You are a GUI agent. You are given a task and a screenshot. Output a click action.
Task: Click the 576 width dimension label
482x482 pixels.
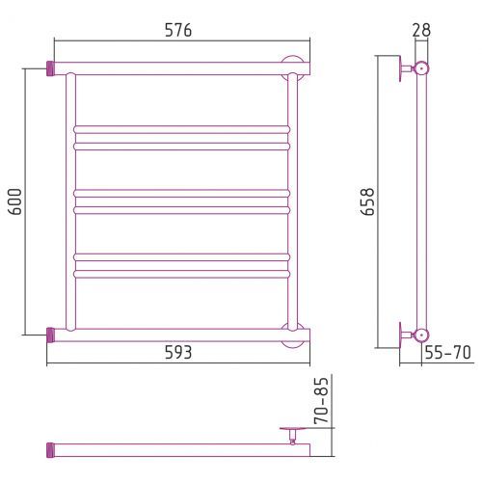178,30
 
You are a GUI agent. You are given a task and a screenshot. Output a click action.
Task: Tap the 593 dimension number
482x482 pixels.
178,353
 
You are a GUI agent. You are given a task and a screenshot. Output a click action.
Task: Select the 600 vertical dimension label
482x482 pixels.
15,201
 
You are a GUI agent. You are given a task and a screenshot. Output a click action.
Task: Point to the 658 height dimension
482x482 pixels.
367,201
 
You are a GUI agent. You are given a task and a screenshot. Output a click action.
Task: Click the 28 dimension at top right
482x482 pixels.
421,30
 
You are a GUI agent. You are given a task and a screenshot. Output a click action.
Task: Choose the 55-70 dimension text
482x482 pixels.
447,353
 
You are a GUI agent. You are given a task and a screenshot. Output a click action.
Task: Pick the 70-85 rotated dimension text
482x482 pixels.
322,400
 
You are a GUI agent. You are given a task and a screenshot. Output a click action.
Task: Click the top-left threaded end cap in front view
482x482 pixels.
50,68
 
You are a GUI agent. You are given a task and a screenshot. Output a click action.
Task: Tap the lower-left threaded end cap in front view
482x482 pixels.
50,335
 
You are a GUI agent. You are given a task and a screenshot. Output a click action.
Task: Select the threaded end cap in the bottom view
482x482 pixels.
50,450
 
